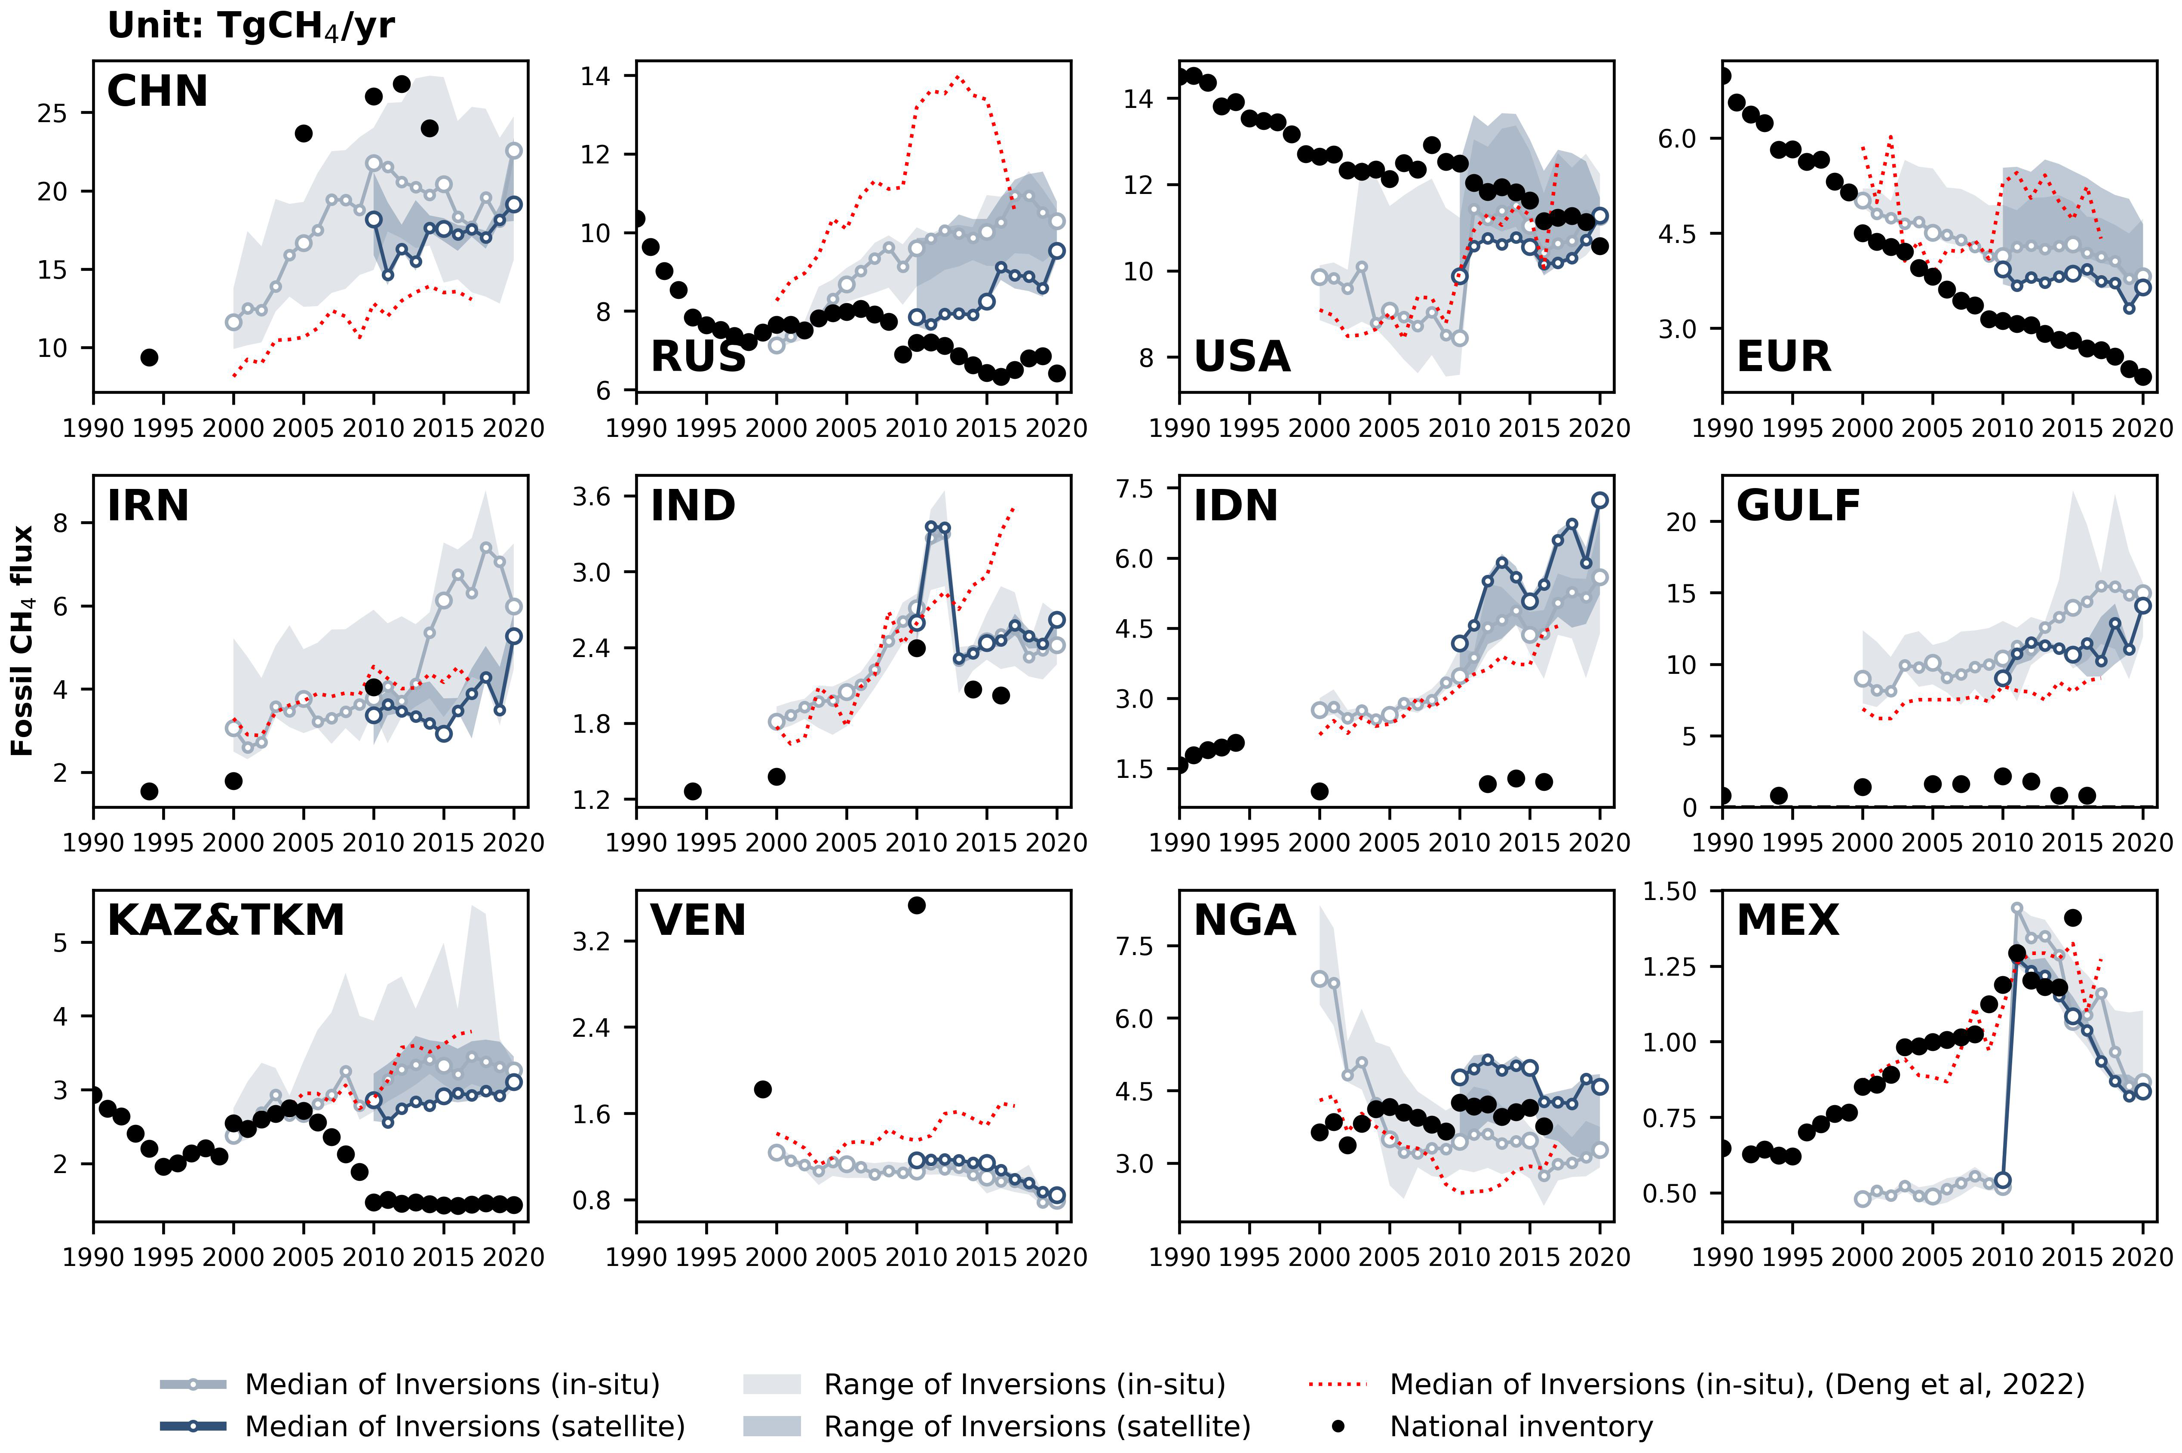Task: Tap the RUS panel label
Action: point(698,357)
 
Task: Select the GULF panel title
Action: point(1798,506)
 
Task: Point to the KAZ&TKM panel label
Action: point(225,920)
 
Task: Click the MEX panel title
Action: point(1787,920)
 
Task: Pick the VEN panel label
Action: point(698,920)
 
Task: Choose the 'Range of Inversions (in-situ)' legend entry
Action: point(1024,1385)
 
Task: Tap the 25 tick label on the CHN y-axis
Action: point(53,113)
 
